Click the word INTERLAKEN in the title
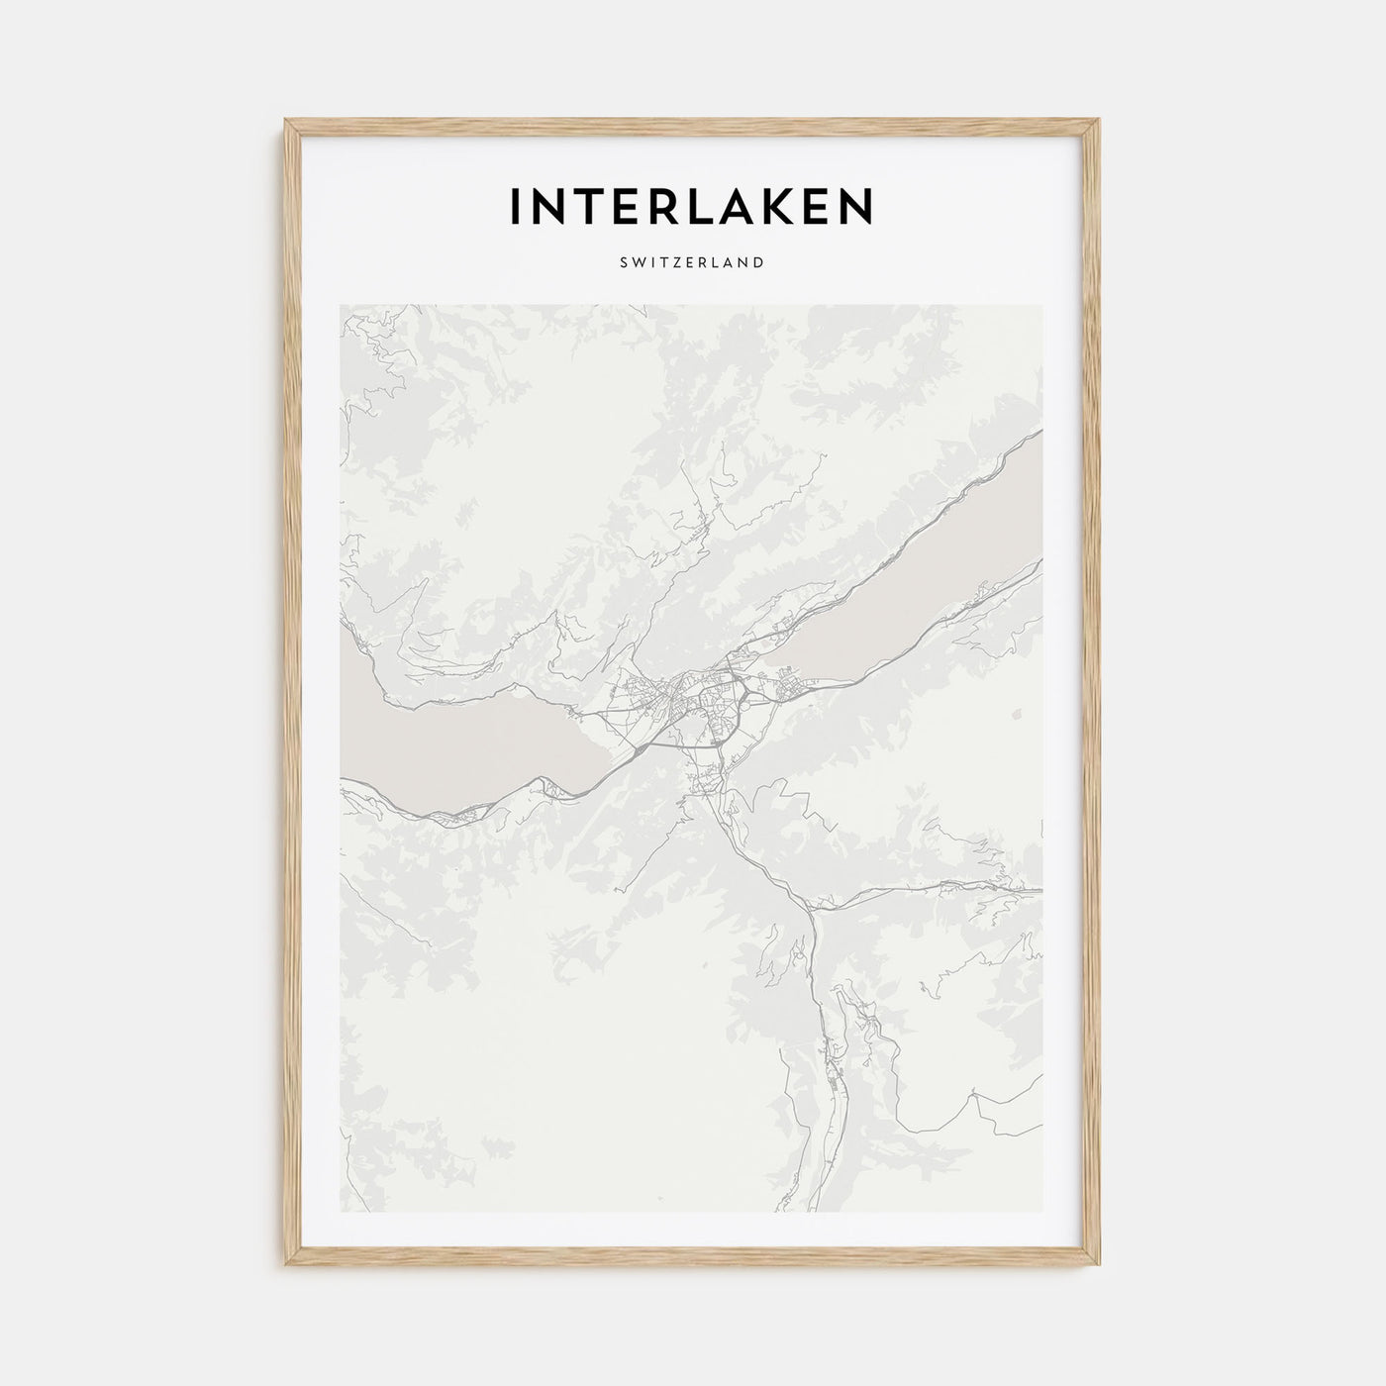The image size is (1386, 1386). point(691,205)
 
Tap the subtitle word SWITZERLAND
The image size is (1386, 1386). point(692,263)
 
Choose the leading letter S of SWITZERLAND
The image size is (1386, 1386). point(624,263)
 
